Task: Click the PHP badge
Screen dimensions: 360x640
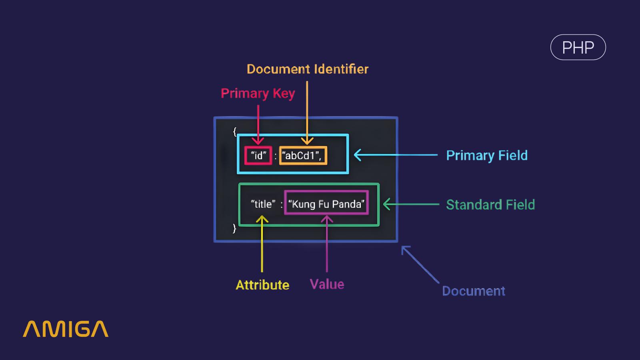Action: (578, 47)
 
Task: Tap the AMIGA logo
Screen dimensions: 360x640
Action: (66, 329)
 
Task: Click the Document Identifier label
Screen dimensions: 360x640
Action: (307, 69)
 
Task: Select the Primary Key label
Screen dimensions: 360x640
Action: (258, 93)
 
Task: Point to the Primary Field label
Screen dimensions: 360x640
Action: (486, 155)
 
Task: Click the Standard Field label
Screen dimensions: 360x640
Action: (490, 204)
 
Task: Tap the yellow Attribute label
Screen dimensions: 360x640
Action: (262, 285)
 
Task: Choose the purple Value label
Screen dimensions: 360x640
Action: (327, 284)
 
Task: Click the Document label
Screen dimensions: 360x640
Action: (473, 291)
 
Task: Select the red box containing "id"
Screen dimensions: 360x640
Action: (258, 156)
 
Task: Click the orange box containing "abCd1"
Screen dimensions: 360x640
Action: (303, 156)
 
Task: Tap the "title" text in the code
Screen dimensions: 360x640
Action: (263, 204)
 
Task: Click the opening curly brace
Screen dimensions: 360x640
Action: (235, 131)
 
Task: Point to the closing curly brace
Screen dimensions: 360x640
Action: (234, 228)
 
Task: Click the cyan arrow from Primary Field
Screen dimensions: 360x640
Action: (396, 155)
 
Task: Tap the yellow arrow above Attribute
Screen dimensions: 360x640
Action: (262, 244)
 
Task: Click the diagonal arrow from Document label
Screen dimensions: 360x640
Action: (420, 265)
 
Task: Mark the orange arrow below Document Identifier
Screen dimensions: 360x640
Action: (307, 112)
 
